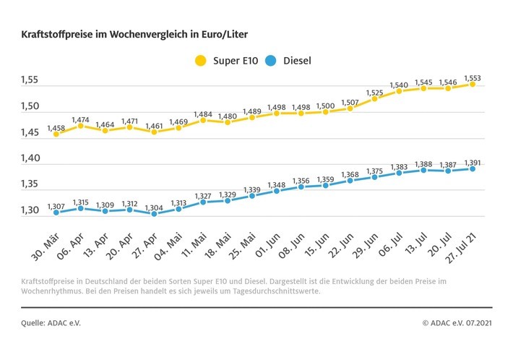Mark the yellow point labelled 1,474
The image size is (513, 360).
pyautogui.click(x=81, y=126)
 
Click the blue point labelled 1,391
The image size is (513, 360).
pyautogui.click(x=473, y=168)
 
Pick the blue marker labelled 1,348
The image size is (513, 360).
pyautogui.click(x=277, y=191)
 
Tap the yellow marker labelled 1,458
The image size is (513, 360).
pyautogui.click(x=56, y=134)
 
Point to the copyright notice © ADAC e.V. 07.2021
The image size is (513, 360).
pyautogui.click(x=459, y=322)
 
